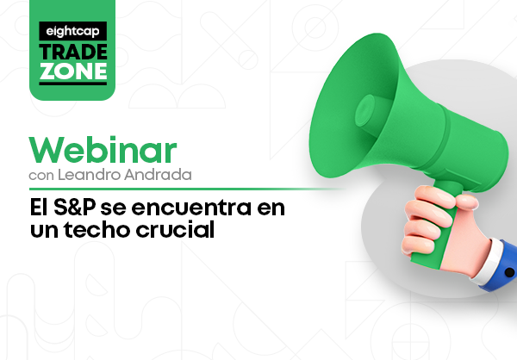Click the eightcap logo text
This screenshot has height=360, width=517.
pyautogui.click(x=72, y=32)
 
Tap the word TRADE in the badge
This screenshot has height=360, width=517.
pyautogui.click(x=73, y=52)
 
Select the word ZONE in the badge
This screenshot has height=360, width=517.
pyautogui.click(x=73, y=71)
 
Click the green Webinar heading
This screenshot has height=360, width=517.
pyautogui.click(x=103, y=150)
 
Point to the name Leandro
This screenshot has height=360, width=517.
pyautogui.click(x=90, y=174)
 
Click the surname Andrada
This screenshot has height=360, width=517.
pyautogui.click(x=158, y=174)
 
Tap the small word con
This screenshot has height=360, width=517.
pyautogui.click(x=41, y=176)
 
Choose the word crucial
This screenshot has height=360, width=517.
pyautogui.click(x=175, y=229)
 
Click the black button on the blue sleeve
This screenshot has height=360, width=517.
pyautogui.click(x=509, y=273)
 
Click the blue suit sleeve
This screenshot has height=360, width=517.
pyautogui.click(x=503, y=266)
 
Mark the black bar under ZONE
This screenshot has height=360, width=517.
pyautogui.click(x=73, y=84)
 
